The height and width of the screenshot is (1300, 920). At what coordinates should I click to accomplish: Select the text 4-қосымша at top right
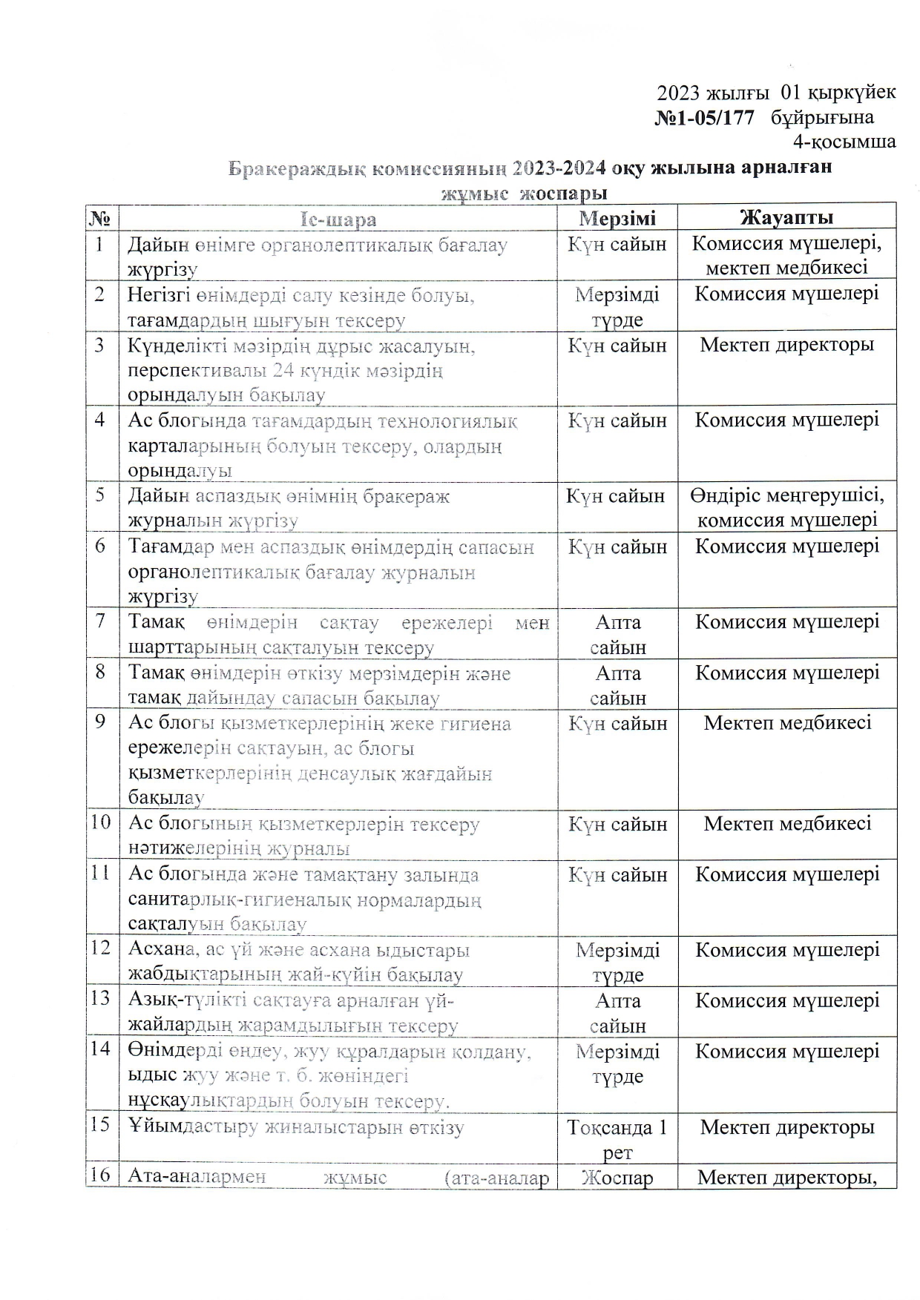[x=844, y=142]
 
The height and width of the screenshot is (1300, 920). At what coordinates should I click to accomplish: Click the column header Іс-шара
[x=338, y=220]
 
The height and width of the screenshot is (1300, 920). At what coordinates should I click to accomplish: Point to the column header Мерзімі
[x=617, y=218]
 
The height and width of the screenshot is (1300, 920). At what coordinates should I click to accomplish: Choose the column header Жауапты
[x=786, y=217]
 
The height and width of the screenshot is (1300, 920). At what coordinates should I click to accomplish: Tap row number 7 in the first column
[x=100, y=621]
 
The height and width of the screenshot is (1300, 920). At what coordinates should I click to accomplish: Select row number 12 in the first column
[x=101, y=948]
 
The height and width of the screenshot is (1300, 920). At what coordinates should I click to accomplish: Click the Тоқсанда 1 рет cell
[x=617, y=1139]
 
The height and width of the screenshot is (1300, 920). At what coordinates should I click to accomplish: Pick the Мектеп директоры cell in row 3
[x=787, y=346]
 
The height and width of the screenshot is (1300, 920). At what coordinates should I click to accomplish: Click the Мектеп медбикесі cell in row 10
[x=787, y=824]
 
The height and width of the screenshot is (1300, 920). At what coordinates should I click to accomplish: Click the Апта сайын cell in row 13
[x=618, y=1013]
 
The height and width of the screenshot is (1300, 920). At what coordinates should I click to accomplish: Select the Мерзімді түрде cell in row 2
[x=617, y=307]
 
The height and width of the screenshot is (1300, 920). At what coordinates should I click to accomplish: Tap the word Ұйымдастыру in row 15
[x=192, y=1128]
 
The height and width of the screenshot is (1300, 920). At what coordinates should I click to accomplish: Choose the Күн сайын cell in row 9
[x=617, y=724]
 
